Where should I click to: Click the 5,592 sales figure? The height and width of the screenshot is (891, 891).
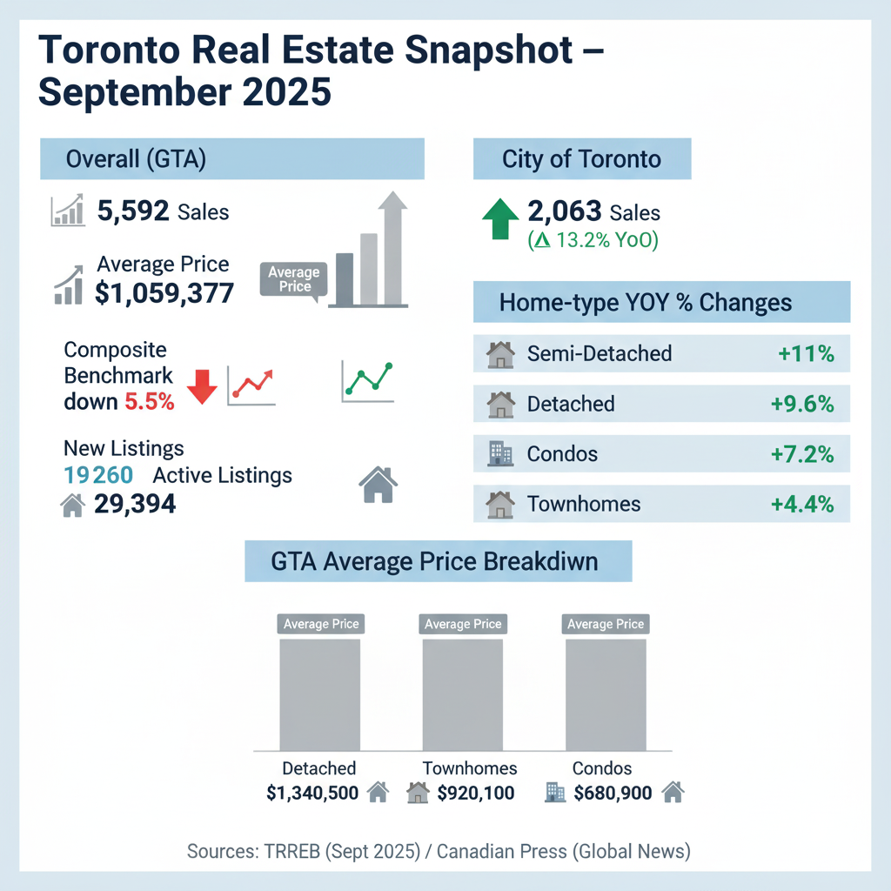pyautogui.click(x=133, y=211)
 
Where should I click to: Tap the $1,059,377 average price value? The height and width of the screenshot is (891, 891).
pyautogui.click(x=164, y=293)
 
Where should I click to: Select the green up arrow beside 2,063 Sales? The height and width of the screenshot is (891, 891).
pyautogui.click(x=499, y=218)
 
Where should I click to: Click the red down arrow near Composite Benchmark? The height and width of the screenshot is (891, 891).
pyautogui.click(x=201, y=385)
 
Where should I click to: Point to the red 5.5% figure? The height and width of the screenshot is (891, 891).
pyautogui.click(x=149, y=402)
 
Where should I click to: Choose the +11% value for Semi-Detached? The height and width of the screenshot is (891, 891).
pyautogui.click(x=806, y=353)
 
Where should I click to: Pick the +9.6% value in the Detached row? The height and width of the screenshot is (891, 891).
pyautogui.click(x=802, y=404)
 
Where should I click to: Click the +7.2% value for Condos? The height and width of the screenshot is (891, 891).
pyautogui.click(x=802, y=454)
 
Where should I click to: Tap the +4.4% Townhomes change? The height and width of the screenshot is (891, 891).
pyautogui.click(x=802, y=504)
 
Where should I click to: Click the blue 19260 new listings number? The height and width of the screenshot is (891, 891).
pyautogui.click(x=98, y=475)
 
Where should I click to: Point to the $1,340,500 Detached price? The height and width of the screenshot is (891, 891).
pyautogui.click(x=312, y=793)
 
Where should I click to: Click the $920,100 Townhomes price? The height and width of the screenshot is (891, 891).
pyautogui.click(x=476, y=793)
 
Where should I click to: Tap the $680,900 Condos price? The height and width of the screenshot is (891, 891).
pyautogui.click(x=613, y=793)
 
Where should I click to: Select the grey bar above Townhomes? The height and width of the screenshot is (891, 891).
pyautogui.click(x=462, y=693)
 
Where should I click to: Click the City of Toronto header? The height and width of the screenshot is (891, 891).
pyautogui.click(x=581, y=160)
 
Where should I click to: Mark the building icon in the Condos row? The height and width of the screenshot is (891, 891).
pyautogui.click(x=500, y=454)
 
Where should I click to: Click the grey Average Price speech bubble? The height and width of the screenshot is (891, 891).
pyautogui.click(x=293, y=279)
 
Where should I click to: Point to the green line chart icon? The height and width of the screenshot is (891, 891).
pyautogui.click(x=367, y=381)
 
